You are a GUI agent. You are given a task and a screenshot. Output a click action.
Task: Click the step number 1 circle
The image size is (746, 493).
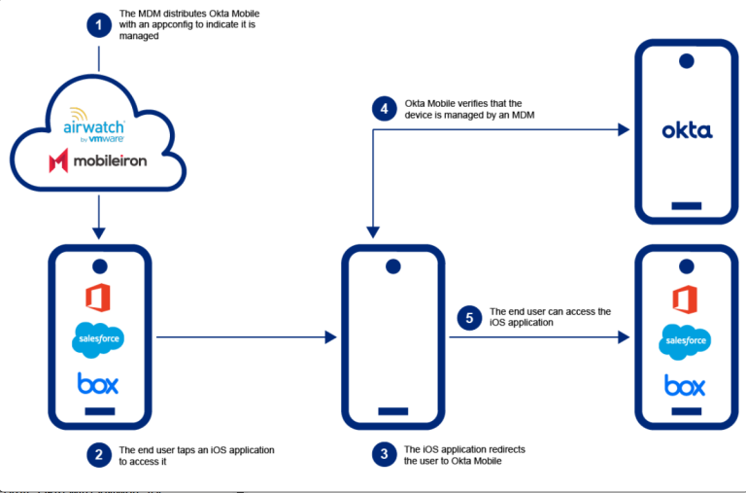click(x=99, y=25)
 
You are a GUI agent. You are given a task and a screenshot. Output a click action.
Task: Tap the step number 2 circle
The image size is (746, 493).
click(x=99, y=455)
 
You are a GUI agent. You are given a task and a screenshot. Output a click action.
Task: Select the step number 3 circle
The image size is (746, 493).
click(x=386, y=455)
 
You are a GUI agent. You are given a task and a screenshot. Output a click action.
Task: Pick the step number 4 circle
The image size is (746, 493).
click(x=386, y=109)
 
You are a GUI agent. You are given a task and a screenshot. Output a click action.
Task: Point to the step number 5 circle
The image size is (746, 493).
click(x=471, y=317)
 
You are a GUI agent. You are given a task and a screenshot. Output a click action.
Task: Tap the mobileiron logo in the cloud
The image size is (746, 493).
click(x=98, y=159)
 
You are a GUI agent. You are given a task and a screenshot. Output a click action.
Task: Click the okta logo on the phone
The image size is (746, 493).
click(x=686, y=131)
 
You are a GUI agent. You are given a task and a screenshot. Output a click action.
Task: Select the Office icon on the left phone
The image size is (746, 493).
click(x=98, y=297)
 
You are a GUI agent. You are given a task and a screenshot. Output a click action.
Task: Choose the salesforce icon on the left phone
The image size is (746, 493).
click(x=98, y=339)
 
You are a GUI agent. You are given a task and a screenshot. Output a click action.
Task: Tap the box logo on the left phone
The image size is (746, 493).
click(x=98, y=384)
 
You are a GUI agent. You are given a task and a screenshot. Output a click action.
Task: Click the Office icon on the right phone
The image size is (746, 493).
click(x=686, y=299)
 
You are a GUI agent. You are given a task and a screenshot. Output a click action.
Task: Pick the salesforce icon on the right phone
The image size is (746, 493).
click(x=686, y=341)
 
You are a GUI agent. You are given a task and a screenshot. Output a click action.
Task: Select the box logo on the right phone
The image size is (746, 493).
click(x=686, y=385)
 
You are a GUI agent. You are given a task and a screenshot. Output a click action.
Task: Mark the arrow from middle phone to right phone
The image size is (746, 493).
click(x=534, y=337)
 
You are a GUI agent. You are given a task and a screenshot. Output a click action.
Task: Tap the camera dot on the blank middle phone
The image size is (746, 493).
click(x=392, y=265)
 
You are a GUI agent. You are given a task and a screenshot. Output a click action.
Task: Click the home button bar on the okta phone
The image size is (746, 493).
click(x=686, y=205)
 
